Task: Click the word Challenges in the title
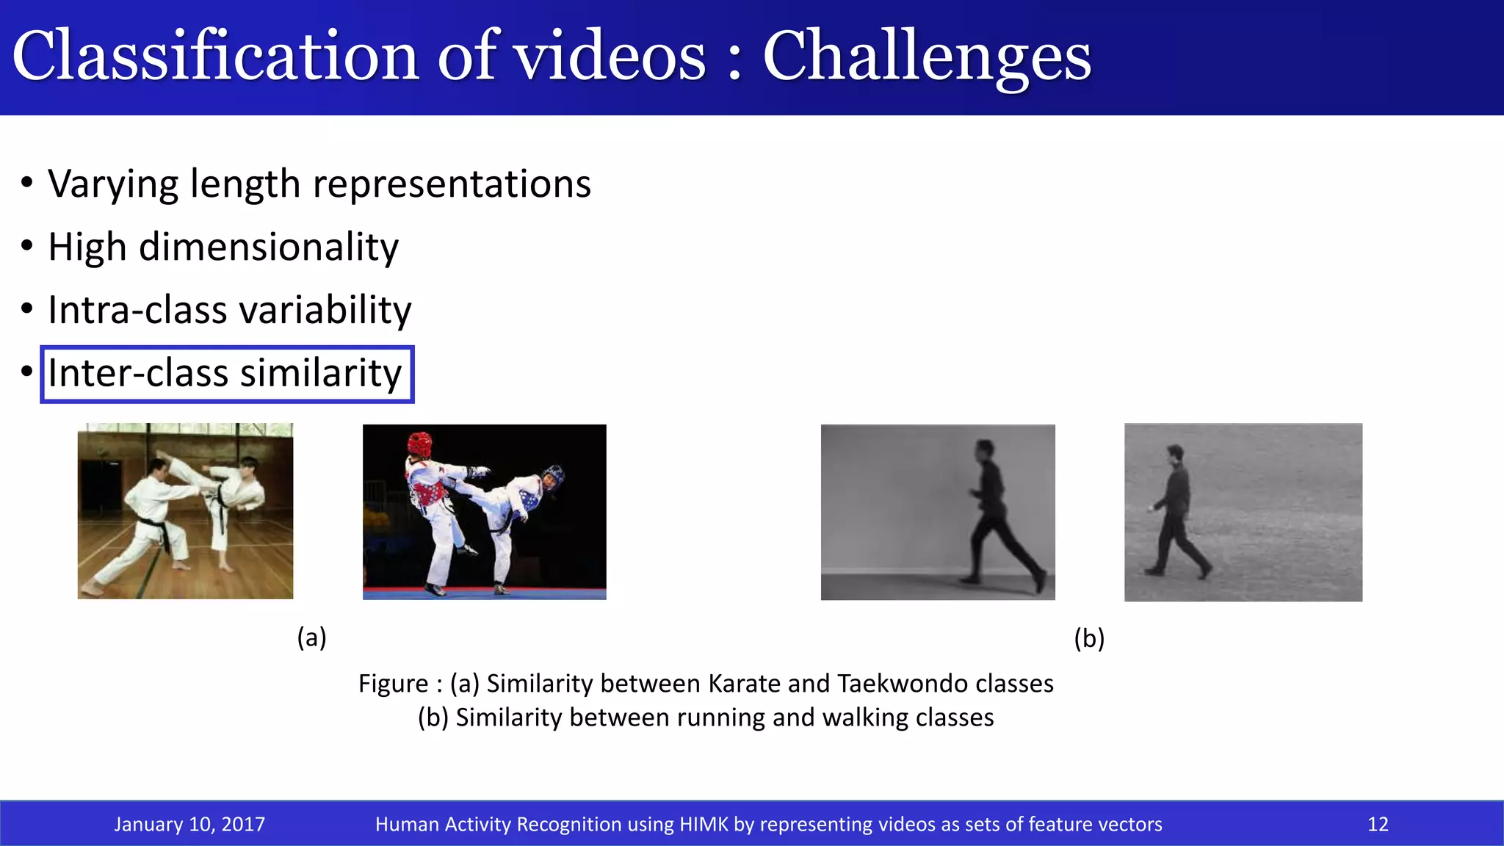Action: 927,57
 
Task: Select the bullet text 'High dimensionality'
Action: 223,247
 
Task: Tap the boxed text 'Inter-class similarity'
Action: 225,373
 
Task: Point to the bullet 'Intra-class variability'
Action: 229,310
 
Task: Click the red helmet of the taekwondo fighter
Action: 419,443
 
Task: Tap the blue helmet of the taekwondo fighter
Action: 552,474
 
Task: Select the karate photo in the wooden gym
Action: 185,511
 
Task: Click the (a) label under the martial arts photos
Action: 311,637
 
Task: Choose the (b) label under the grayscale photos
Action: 1089,638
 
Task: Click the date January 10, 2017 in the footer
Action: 189,824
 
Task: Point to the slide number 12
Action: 1378,824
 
